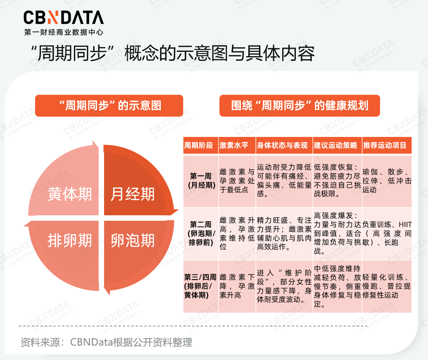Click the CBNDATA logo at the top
pyautogui.click(x=64, y=18)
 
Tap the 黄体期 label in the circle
pyautogui.click(x=70, y=194)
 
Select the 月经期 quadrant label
pyautogui.click(x=133, y=194)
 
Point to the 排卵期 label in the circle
pyautogui.click(x=70, y=240)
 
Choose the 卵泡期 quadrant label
pyautogui.click(x=133, y=240)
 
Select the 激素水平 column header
pyautogui.click(x=234, y=145)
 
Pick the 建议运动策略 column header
pyautogui.click(x=336, y=145)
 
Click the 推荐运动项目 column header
pyautogui.click(x=385, y=145)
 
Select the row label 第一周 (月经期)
pyautogui.click(x=201, y=181)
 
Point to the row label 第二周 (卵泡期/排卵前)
pyautogui.click(x=201, y=233)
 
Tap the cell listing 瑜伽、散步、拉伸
pyautogui.click(x=386, y=181)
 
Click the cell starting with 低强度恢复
pyautogui.click(x=337, y=181)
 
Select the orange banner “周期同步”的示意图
pyautogui.click(x=109, y=105)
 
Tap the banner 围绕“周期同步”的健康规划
pyautogui.click(x=299, y=105)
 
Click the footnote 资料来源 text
pyautogui.click(x=106, y=342)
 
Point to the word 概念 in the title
pyautogui.click(x=138, y=54)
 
